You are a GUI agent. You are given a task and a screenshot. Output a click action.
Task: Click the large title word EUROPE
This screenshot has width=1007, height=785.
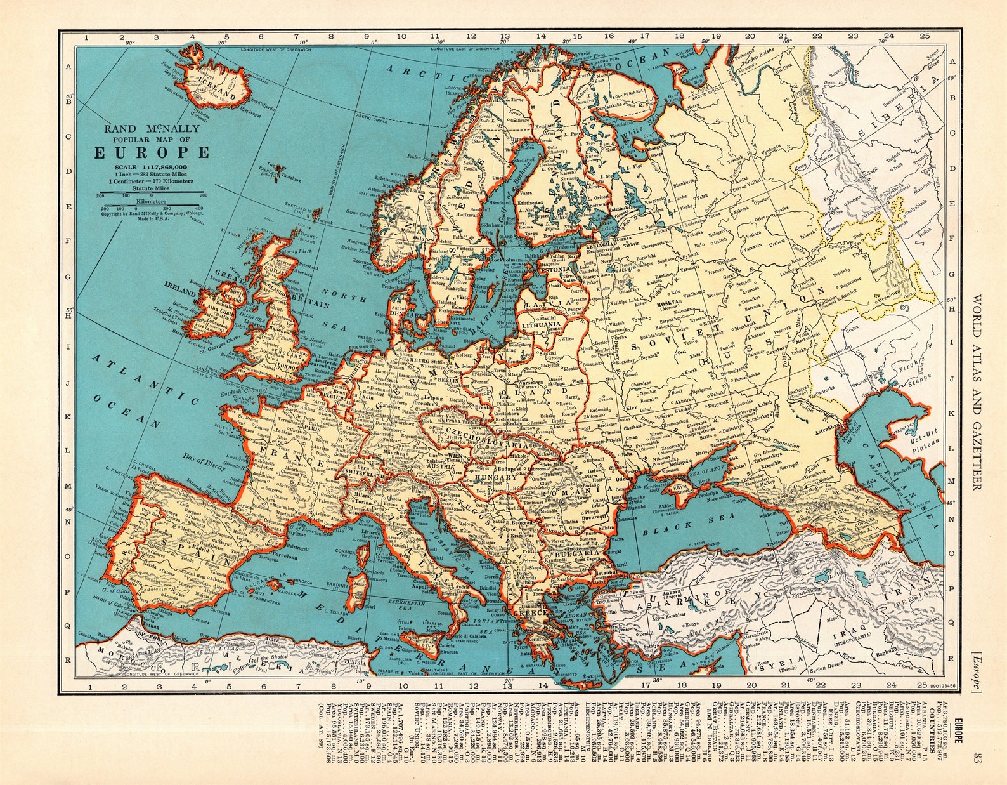coord(152,153)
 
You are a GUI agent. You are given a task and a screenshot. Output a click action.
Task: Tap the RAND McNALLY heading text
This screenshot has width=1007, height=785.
coord(152,129)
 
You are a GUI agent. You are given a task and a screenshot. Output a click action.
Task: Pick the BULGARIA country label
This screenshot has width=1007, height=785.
coord(575,553)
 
